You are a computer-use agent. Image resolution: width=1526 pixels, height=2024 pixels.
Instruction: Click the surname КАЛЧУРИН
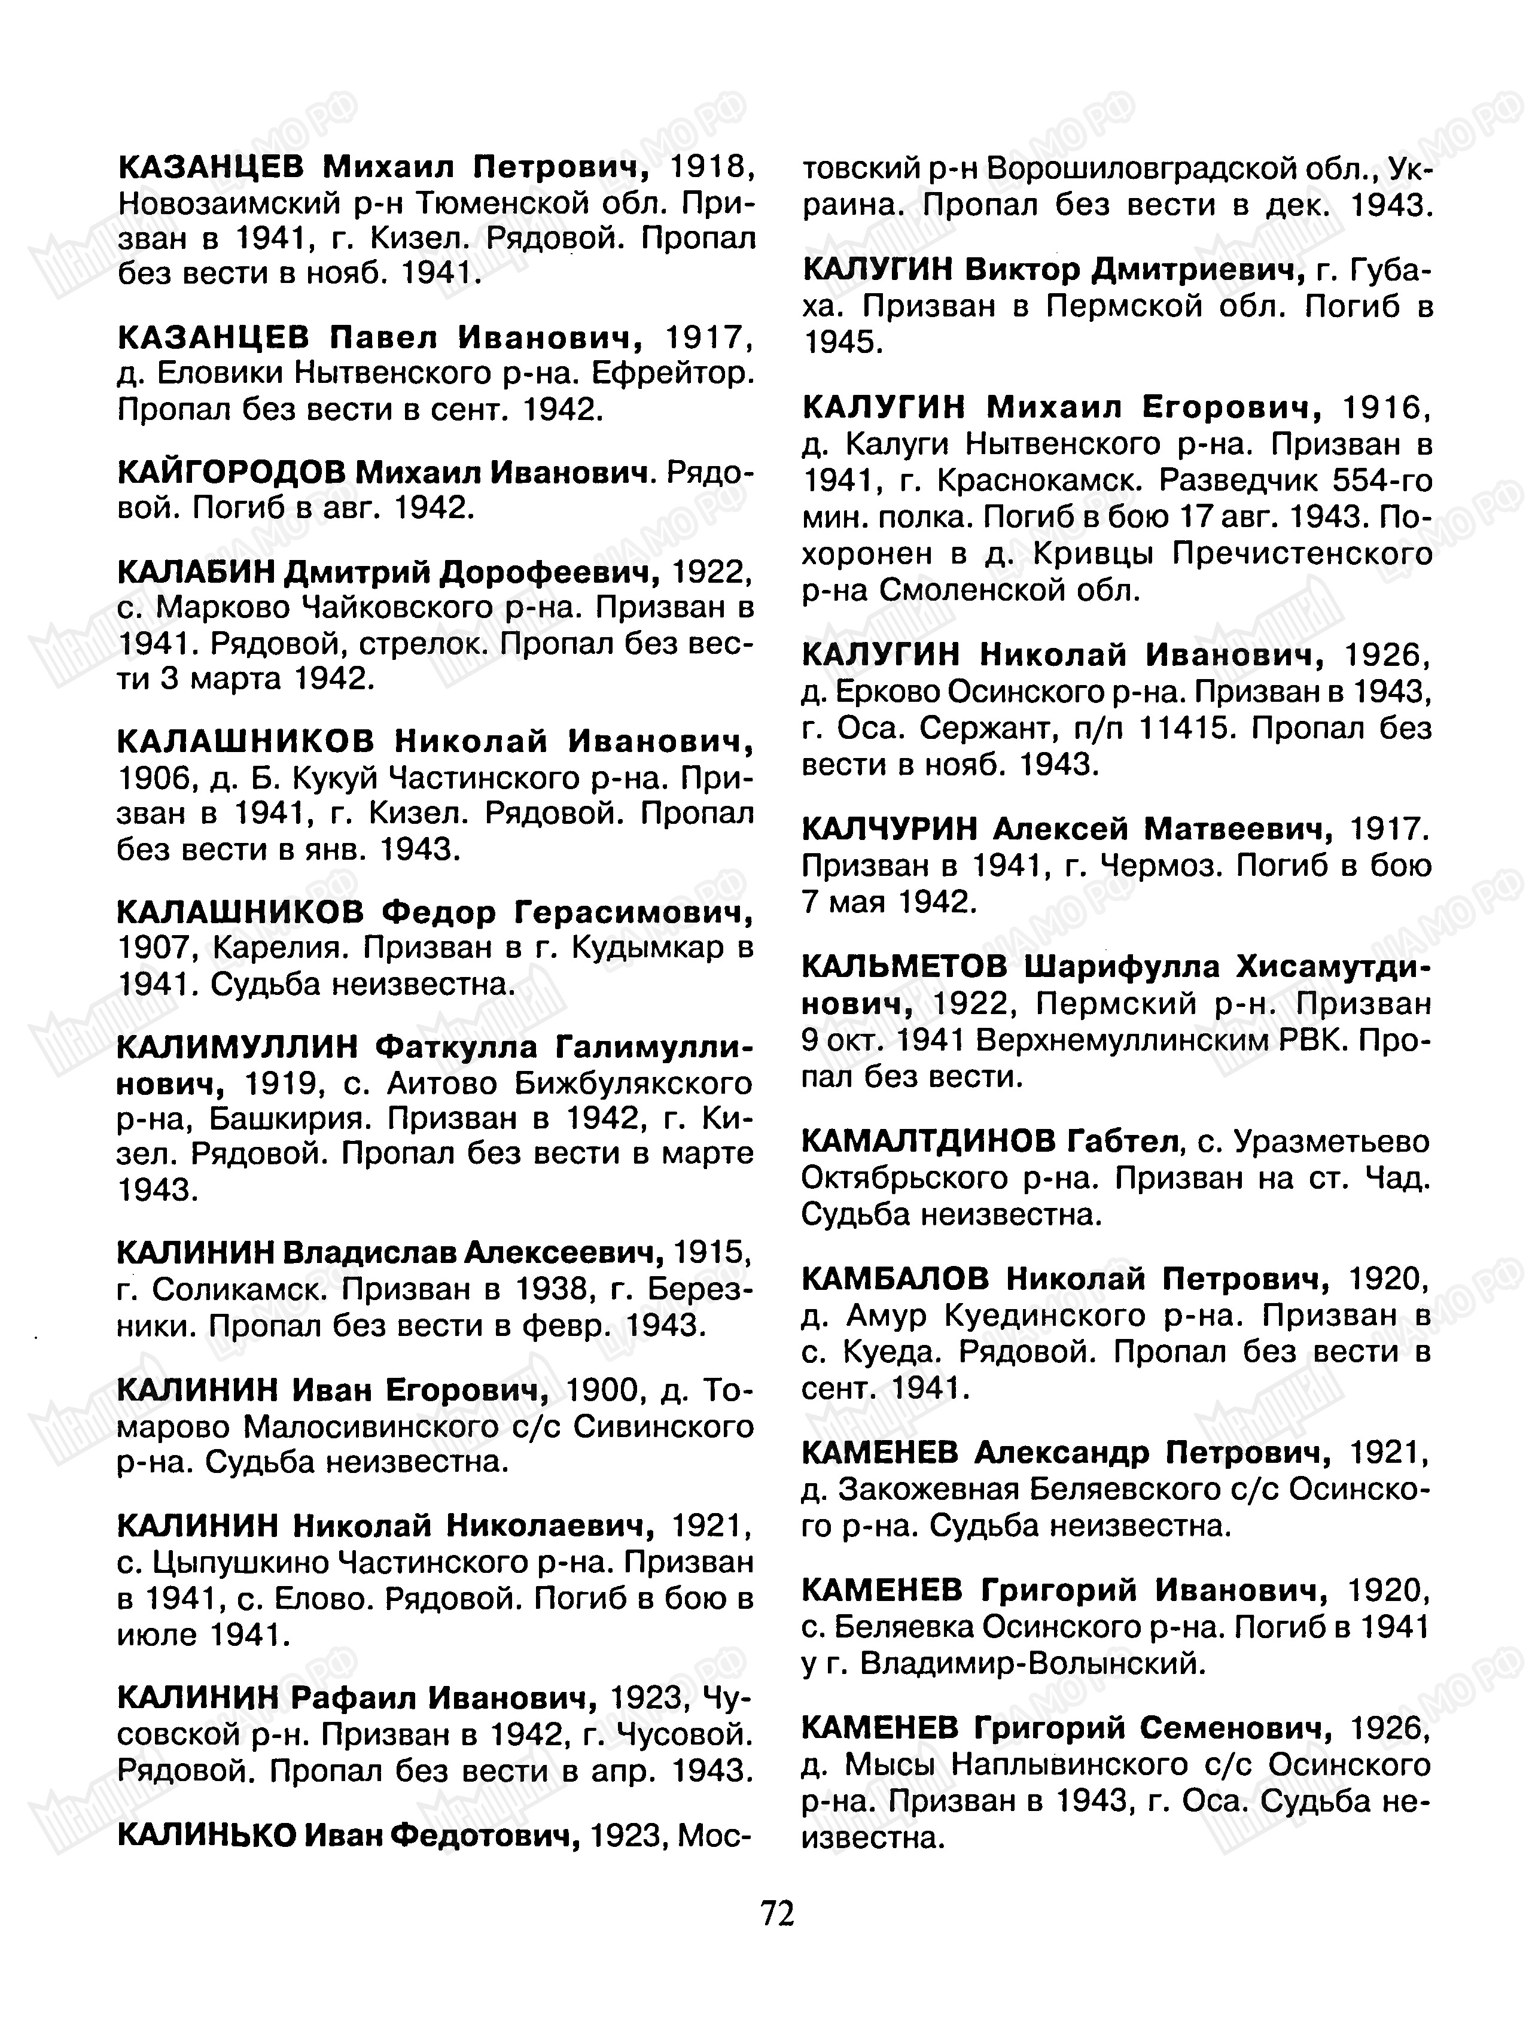click(891, 829)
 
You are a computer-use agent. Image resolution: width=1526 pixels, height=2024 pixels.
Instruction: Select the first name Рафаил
click(352, 1697)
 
